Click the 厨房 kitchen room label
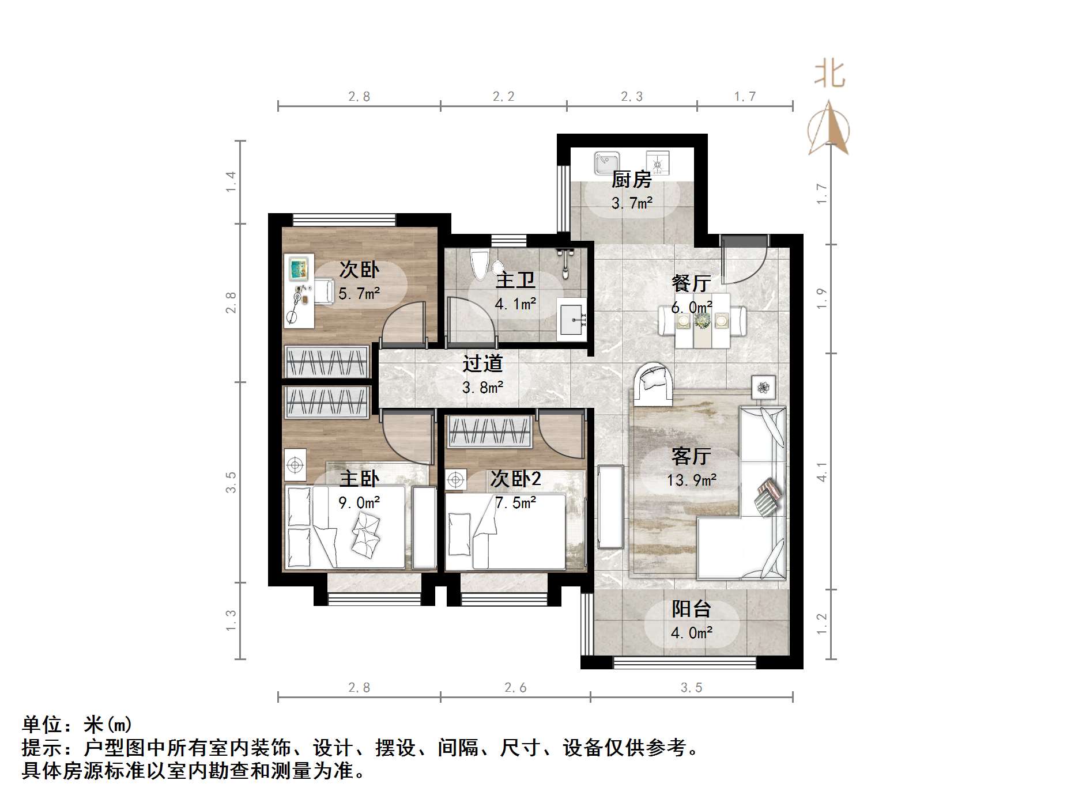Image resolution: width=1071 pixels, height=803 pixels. [631, 180]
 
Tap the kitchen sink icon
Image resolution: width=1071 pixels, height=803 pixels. [606, 162]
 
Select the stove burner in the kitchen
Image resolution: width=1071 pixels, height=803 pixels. [657, 163]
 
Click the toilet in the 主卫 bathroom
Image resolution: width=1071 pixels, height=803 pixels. [479, 265]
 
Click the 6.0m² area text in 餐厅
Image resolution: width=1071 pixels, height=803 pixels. [691, 307]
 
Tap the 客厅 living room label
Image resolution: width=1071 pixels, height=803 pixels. [691, 456]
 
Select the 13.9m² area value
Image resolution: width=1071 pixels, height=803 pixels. [691, 480]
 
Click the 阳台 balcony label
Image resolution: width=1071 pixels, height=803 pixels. [691, 609]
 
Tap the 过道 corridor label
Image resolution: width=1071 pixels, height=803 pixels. [482, 363]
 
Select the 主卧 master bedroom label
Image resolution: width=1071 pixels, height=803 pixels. [359, 479]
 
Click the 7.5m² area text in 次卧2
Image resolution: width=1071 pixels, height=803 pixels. [515, 503]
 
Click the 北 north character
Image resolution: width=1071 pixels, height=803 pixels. [829, 75]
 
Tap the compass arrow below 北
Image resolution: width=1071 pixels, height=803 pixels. [829, 128]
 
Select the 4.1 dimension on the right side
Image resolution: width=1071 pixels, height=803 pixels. [822, 472]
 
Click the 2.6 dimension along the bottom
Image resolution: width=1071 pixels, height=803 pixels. [515, 687]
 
